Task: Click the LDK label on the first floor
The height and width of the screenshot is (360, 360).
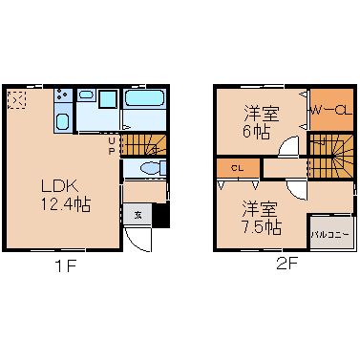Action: tap(59, 186)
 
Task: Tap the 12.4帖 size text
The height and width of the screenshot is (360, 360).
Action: tap(65, 204)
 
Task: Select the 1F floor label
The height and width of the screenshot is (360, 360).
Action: tap(66, 265)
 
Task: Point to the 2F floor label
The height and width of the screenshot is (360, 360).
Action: tap(286, 264)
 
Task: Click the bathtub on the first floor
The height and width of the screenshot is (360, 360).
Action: tap(144, 97)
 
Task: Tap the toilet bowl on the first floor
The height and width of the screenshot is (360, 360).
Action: tap(151, 168)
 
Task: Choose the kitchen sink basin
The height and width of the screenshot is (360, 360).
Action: tap(63, 121)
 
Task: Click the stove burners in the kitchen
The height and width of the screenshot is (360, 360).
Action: tap(62, 94)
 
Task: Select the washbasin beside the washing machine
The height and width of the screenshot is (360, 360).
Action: tap(87, 95)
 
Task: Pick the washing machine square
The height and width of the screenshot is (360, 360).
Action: tap(108, 99)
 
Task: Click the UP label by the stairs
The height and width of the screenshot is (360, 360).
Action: tap(111, 146)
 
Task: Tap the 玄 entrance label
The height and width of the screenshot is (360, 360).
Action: tap(138, 215)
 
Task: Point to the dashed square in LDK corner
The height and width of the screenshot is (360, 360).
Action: tap(16, 100)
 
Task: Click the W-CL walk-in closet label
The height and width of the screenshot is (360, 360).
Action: tap(331, 111)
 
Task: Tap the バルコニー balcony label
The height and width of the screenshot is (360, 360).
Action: tap(330, 235)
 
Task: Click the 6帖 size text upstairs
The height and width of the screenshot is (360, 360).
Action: tap(257, 132)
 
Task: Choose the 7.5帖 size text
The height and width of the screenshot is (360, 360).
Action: tap(262, 227)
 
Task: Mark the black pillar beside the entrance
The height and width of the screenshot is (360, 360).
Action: tap(161, 215)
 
